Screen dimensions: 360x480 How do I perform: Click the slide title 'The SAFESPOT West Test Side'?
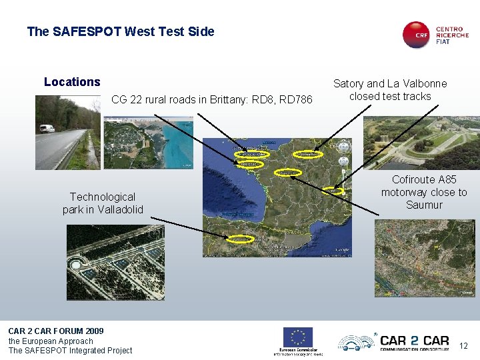(x=121, y=31)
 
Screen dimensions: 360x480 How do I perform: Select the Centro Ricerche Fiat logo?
(x=435, y=34)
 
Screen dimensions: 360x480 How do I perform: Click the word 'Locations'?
(x=72, y=82)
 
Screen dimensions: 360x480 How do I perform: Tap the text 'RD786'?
(x=297, y=100)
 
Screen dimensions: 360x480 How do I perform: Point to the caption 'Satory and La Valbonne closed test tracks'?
(x=390, y=90)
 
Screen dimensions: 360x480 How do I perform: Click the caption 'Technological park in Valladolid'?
(x=103, y=203)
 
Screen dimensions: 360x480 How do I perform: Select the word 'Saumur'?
(x=424, y=205)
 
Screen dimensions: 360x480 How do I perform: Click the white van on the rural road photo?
(x=47, y=128)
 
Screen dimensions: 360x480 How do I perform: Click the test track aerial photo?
(x=421, y=143)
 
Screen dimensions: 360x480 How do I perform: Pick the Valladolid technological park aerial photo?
(x=113, y=262)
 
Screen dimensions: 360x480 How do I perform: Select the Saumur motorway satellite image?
(x=425, y=258)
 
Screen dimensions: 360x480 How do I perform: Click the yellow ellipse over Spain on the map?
(x=241, y=238)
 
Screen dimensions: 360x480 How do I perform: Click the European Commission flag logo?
(x=298, y=337)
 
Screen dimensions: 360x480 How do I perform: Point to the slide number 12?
(x=464, y=345)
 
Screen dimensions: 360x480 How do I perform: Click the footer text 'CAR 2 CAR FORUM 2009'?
(x=56, y=331)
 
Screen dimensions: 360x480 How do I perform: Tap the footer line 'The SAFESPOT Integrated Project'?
(x=70, y=351)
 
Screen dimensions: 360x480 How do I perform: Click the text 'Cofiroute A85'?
(x=424, y=179)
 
